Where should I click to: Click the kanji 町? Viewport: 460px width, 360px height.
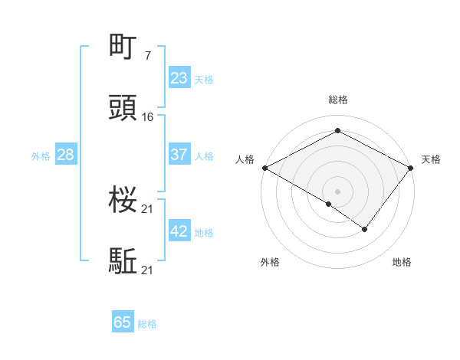coord(124,48)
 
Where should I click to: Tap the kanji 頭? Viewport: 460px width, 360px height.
coord(124,110)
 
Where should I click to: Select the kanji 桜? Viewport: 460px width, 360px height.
coord(124,201)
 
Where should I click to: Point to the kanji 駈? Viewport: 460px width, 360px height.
coord(124,262)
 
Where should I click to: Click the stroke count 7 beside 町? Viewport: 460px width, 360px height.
coord(147,56)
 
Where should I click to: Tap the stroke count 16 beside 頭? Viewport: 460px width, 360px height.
coord(148,117)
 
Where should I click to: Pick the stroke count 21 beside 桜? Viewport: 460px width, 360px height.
coord(148,208)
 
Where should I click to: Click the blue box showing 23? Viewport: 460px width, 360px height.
coord(179,78)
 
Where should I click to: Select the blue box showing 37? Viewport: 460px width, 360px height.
coord(179,155)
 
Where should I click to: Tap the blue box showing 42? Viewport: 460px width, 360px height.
coord(179,231)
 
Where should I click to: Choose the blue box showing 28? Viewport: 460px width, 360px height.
coord(66,155)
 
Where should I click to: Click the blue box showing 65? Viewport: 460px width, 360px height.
coord(123,322)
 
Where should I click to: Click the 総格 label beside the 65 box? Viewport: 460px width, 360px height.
coord(147,324)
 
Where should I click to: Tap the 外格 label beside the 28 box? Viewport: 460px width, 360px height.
coord(41,156)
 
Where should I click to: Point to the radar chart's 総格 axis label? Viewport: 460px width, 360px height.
coord(338,100)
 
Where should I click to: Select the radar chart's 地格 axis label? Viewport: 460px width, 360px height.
coord(402,262)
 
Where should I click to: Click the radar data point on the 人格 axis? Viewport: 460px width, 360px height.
coord(264,168)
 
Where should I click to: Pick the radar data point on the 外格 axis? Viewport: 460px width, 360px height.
coord(329,205)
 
